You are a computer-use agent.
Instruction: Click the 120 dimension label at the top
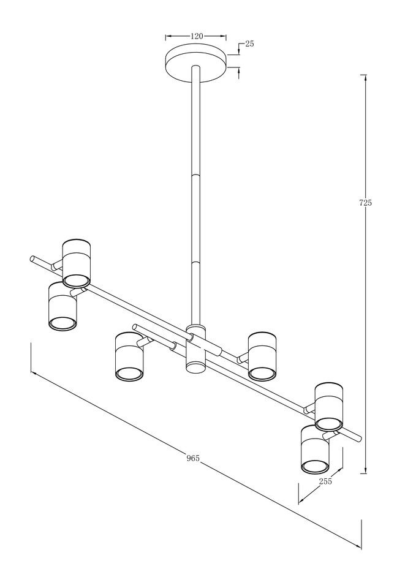197,36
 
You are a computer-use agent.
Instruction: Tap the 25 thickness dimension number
249,44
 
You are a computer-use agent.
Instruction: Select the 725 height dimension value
365,203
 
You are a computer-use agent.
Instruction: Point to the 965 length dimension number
192,458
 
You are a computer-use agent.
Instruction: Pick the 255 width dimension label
325,481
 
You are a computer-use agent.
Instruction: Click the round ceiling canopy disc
197,62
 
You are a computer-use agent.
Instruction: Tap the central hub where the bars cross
196,348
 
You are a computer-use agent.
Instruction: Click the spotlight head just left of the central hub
129,357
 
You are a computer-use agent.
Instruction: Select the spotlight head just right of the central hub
263,356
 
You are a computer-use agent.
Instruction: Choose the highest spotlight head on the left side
77,262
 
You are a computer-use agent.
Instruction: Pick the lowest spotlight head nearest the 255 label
315,449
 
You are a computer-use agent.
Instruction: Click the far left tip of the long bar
32,258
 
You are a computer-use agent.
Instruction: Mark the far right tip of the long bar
360,439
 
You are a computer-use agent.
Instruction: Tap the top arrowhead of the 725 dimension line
363,77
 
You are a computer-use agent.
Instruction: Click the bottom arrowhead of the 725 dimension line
363,471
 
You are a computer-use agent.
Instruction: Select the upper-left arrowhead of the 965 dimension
34,373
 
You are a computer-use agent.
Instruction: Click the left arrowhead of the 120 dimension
168,36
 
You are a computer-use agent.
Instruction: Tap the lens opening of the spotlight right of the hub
263,373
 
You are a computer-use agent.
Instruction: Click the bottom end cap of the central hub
196,367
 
